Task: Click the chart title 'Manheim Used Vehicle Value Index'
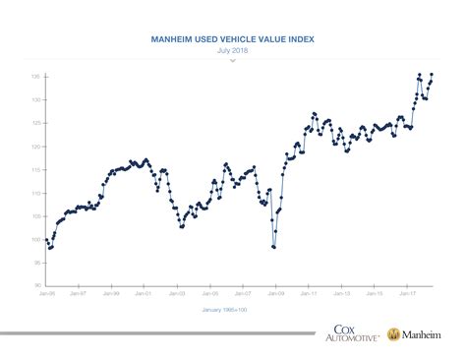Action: [x=233, y=42]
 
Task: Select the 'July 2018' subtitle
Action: [x=233, y=52]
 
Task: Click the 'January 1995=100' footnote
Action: [x=233, y=311]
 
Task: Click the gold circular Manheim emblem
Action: [x=393, y=335]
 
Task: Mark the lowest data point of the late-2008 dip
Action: [x=274, y=247]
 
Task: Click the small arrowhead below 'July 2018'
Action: [x=233, y=61]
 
